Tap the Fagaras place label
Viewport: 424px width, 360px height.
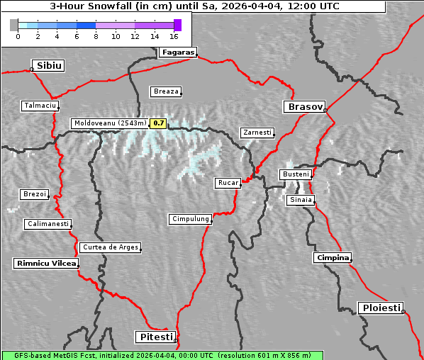coord(177,52)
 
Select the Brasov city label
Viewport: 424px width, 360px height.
coord(304,107)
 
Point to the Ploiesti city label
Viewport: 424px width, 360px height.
coord(381,308)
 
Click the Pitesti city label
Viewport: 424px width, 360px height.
coord(155,336)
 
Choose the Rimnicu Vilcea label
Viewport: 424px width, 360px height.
coord(45,263)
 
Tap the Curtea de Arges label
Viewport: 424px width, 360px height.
coord(110,247)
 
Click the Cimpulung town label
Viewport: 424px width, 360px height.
coord(190,219)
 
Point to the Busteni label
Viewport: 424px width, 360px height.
coord(295,174)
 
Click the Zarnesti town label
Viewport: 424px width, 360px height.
coord(256,133)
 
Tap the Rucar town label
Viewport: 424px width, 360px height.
coord(228,183)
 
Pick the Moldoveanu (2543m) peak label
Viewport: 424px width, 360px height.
coord(110,123)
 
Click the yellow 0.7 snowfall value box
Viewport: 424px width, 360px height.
coord(159,123)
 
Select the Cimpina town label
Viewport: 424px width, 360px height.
coord(332,257)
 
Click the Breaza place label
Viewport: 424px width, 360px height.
coord(166,91)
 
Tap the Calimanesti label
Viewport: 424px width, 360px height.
coord(48,224)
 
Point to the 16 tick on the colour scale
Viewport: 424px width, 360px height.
coord(174,35)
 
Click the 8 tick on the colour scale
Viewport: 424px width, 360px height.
coord(96,35)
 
